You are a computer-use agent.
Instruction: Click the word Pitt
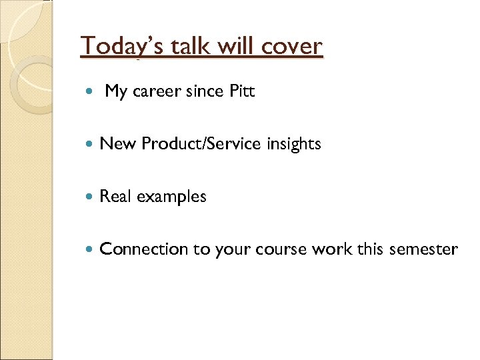[x=242, y=91]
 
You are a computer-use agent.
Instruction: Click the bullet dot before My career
[x=91, y=92]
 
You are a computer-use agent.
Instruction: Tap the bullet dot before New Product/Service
[x=91, y=144]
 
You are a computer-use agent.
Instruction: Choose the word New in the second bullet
[x=114, y=143]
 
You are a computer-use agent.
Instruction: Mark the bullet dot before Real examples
[x=91, y=197]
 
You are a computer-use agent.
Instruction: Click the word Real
[x=114, y=197]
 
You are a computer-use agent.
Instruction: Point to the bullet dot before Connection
[x=91, y=249]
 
